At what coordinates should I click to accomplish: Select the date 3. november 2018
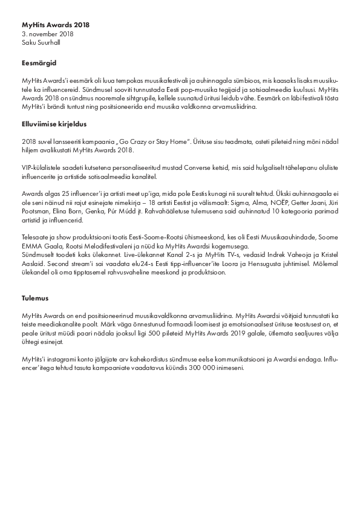[43, 34]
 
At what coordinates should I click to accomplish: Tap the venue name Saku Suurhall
[41, 43]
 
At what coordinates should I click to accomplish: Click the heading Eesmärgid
[39, 63]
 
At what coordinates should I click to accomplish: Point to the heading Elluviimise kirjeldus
[54, 125]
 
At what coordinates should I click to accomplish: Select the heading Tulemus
[35, 298]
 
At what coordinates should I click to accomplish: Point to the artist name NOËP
[287, 204]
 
